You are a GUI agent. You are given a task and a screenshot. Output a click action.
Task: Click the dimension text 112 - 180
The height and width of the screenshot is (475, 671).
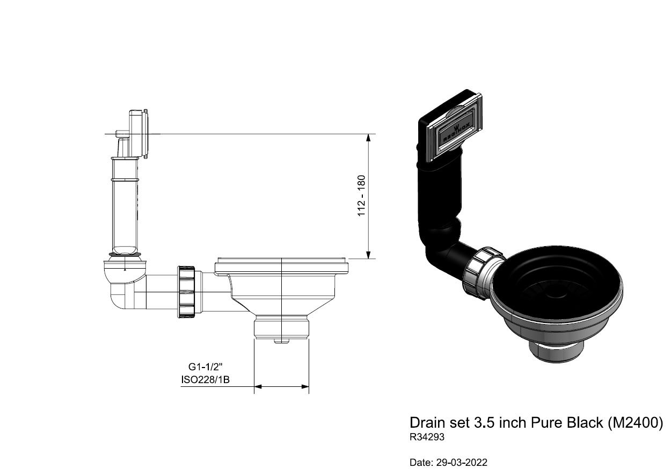coord(362,196)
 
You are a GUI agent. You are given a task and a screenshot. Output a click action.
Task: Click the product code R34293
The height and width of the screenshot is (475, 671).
coord(427,437)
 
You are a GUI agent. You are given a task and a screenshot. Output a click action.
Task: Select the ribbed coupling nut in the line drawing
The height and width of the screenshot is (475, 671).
coord(186,292)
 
